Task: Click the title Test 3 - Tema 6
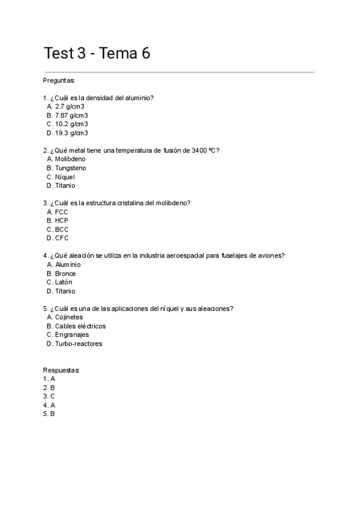(x=97, y=53)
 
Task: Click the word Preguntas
(x=59, y=80)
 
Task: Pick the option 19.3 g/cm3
(x=71, y=133)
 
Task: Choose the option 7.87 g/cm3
(x=71, y=115)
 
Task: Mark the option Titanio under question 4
(x=65, y=291)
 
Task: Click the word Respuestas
(x=61, y=370)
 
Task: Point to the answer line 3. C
(x=49, y=396)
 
